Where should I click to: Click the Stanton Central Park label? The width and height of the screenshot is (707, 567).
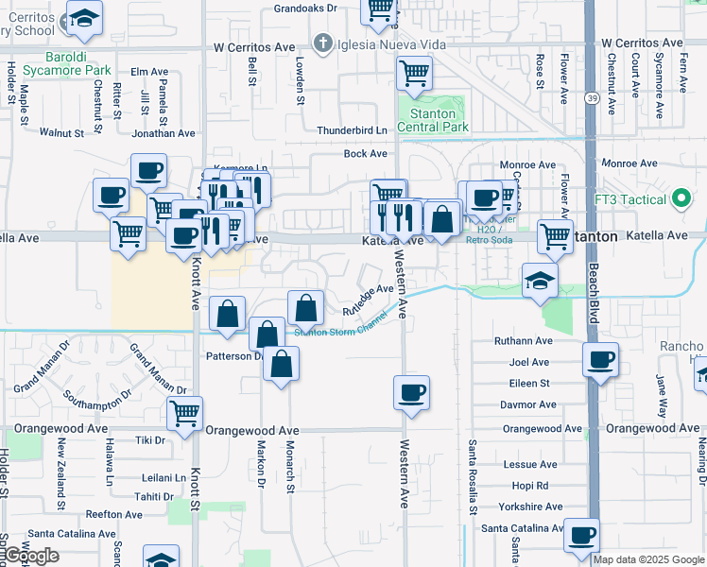433,120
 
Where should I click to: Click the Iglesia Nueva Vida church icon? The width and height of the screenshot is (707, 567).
323,44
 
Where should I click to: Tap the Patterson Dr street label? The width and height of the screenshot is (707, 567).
233,356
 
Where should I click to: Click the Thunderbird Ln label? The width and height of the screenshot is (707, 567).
353,130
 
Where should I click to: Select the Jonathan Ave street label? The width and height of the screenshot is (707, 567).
163,133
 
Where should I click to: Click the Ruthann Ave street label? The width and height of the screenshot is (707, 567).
523,341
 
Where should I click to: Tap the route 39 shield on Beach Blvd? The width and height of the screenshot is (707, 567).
591,97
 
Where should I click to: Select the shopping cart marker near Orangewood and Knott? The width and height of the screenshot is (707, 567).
184,412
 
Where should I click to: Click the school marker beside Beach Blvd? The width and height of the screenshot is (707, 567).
541,279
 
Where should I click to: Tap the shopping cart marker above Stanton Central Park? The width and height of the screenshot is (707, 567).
415,72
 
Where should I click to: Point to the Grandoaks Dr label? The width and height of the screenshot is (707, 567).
305,8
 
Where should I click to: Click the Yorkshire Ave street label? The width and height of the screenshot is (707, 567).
526,507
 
